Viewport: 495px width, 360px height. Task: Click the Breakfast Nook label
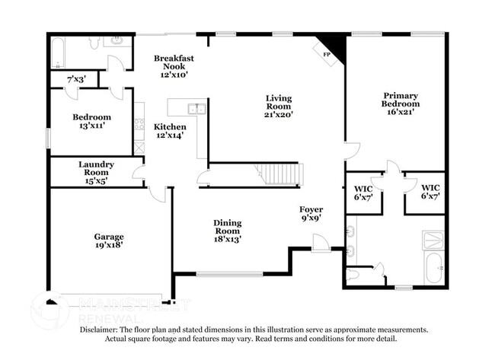(x=174, y=62)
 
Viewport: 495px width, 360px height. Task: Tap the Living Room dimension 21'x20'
(x=278, y=115)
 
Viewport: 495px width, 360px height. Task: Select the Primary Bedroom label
(x=401, y=99)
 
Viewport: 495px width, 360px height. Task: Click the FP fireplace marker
(x=327, y=55)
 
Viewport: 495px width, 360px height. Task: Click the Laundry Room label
(x=96, y=168)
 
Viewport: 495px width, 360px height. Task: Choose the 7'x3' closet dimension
(x=76, y=79)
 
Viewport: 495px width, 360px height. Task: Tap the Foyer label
(x=310, y=209)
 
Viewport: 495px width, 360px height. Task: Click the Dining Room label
(x=227, y=227)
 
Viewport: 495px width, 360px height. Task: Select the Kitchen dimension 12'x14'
(x=171, y=136)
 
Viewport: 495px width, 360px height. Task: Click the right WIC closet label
(x=430, y=187)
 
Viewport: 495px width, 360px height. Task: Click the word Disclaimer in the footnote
(x=104, y=330)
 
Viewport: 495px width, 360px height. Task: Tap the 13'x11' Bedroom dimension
(x=91, y=126)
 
